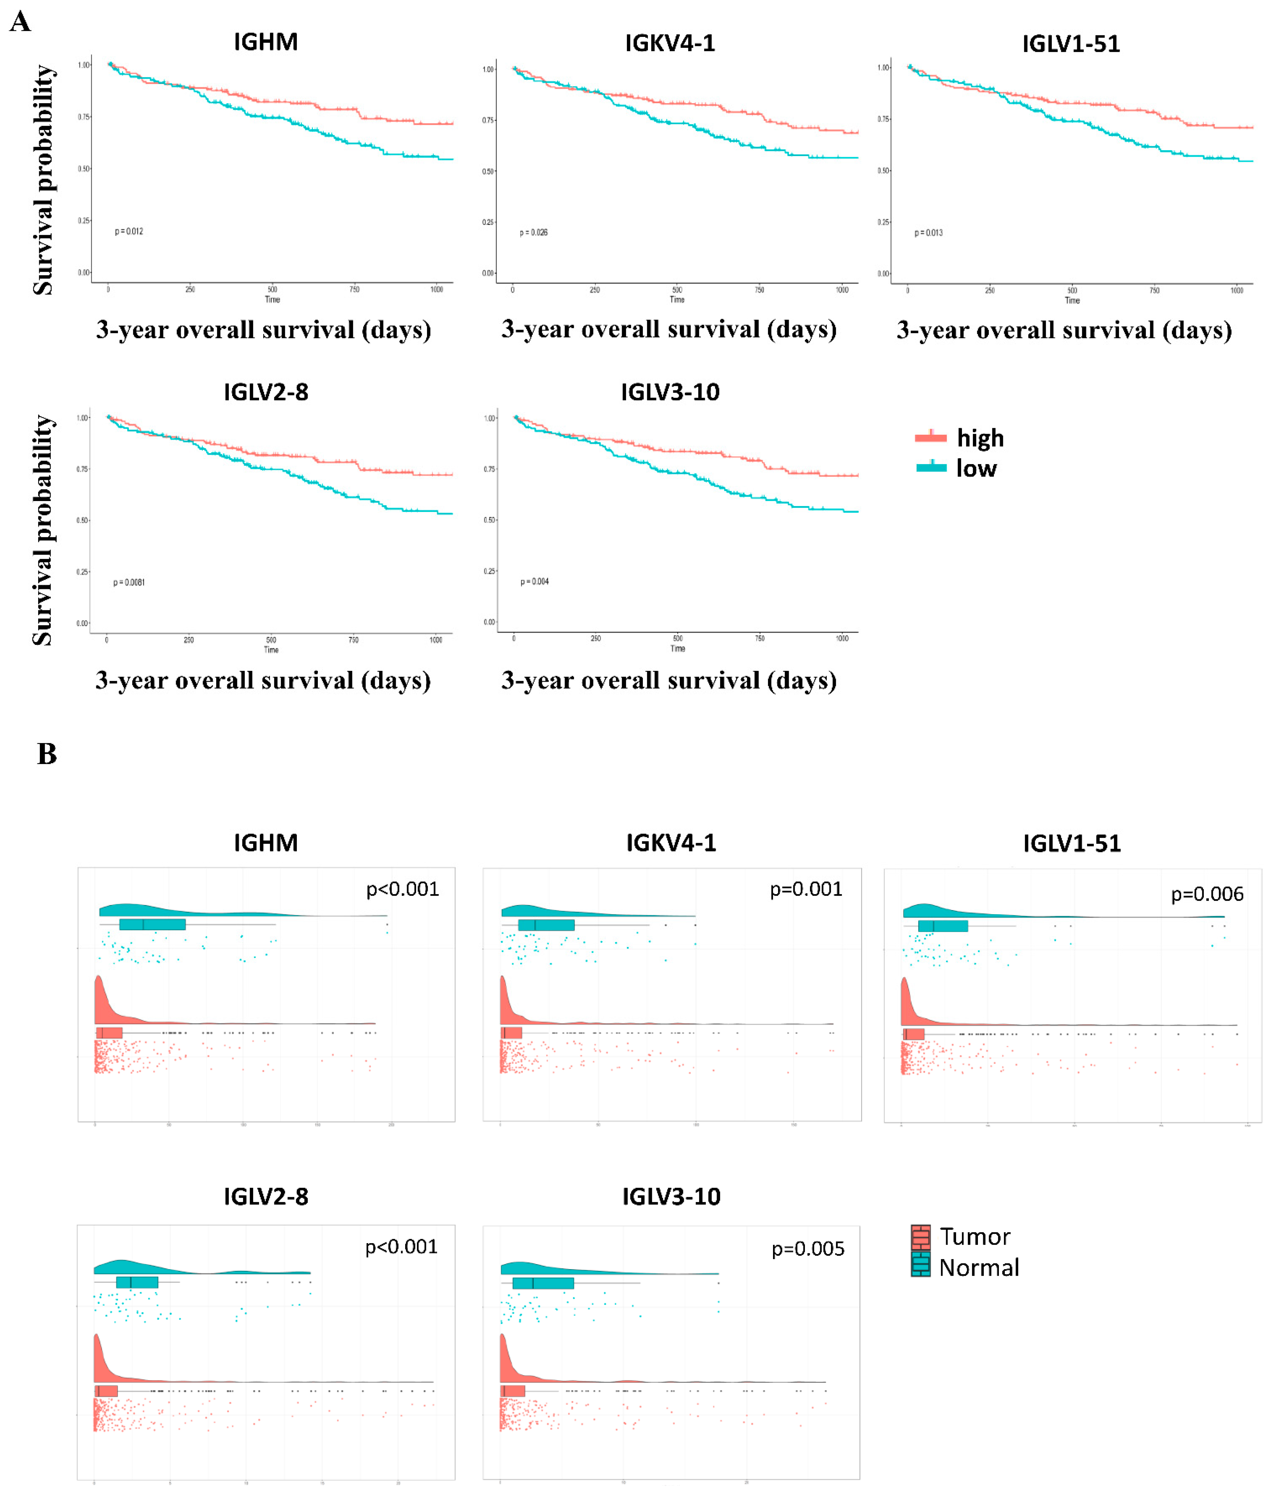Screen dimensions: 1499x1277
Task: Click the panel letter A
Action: pyautogui.click(x=20, y=22)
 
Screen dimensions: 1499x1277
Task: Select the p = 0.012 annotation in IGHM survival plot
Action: pyautogui.click(x=129, y=231)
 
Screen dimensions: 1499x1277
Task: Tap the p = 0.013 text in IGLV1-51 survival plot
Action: pyautogui.click(x=928, y=233)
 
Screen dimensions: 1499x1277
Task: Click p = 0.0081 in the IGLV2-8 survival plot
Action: pyautogui.click(x=129, y=582)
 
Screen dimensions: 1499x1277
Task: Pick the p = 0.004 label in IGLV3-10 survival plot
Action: pyautogui.click(x=535, y=582)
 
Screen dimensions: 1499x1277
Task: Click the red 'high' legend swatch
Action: pyautogui.click(x=930, y=437)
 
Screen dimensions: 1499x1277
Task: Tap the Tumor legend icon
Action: pyautogui.click(x=920, y=1237)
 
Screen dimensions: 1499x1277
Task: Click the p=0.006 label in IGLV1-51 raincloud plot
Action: pyautogui.click(x=1207, y=894)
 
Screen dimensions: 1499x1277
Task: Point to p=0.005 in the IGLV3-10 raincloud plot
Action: pyautogui.click(x=807, y=1249)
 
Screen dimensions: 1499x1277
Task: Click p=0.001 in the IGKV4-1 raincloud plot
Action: pyautogui.click(x=806, y=889)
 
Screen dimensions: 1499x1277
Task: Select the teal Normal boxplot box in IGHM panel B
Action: pyautogui.click(x=152, y=924)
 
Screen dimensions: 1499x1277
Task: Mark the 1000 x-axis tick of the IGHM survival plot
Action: pyautogui.click(x=436, y=289)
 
